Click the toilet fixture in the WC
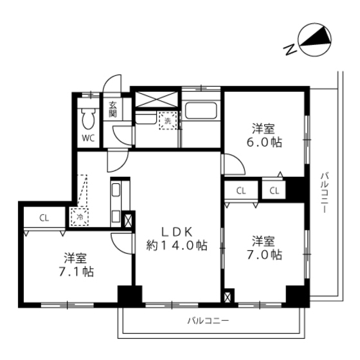point(88,118)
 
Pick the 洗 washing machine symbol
point(167,121)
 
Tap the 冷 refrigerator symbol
point(79,217)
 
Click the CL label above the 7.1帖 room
point(44,217)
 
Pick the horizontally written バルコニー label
point(208,319)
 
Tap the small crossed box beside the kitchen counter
point(127,221)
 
